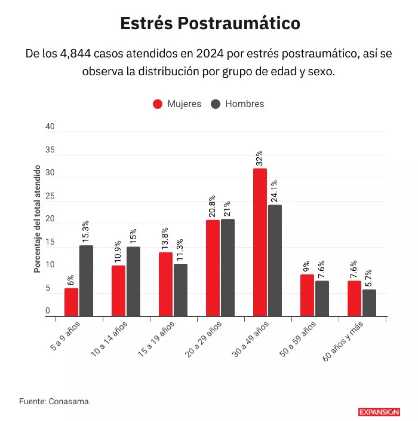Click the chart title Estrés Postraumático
210,23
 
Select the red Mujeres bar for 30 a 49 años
260,242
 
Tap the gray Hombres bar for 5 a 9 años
86,281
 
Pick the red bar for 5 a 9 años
71,302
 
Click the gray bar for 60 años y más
369,303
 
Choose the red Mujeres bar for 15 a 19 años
165,284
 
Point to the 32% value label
259,158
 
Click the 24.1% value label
274,191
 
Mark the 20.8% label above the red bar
212,206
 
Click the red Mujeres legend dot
158,104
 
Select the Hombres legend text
245,104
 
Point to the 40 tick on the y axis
50,127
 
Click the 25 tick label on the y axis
50,196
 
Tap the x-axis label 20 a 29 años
203,339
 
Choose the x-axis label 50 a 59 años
298,339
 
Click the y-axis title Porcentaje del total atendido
37,219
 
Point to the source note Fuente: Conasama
55,401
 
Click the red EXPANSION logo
379,412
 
